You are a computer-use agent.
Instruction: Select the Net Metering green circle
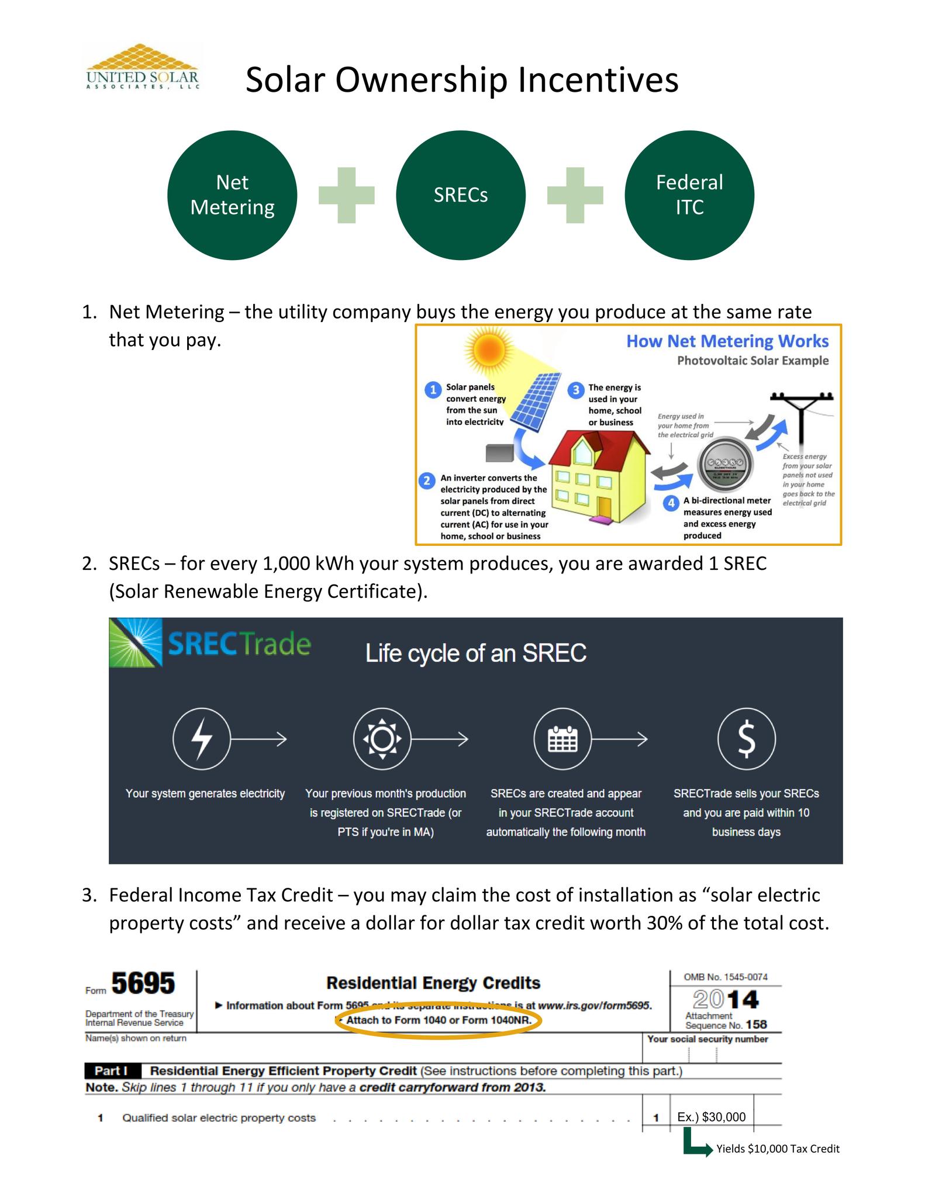232,195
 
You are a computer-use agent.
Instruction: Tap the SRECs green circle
461,195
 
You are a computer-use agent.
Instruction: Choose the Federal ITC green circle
689,195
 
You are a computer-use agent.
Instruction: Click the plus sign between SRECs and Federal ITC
575,195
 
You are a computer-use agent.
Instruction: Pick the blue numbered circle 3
576,390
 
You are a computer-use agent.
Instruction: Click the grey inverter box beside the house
499,452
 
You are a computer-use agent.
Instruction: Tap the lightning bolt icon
202,739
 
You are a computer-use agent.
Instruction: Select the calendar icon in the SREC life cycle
562,739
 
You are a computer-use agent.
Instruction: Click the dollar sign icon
746,739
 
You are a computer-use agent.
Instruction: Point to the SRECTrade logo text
239,644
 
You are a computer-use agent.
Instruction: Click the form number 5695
143,984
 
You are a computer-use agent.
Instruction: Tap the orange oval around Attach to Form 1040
438,1020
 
